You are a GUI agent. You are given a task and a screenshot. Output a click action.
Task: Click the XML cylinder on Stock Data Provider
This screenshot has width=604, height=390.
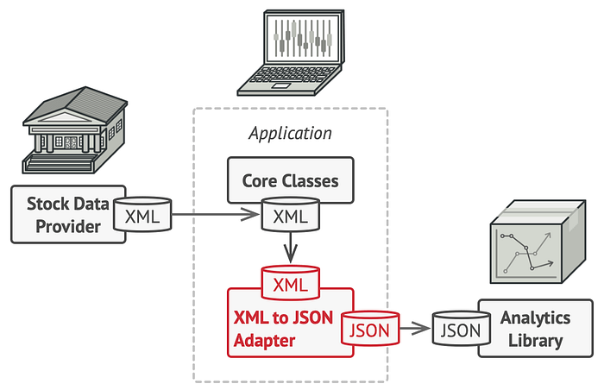[142, 214]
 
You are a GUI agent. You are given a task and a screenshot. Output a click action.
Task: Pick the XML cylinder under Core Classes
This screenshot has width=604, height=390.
[291, 214]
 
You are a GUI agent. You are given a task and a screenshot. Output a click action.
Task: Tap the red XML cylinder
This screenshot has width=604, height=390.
[291, 282]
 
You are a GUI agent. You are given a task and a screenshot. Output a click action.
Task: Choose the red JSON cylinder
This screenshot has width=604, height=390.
[370, 329]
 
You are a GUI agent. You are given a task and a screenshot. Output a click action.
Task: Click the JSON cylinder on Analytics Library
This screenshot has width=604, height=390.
[461, 329]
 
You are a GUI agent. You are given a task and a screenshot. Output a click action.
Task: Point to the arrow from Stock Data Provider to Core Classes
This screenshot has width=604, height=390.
[216, 214]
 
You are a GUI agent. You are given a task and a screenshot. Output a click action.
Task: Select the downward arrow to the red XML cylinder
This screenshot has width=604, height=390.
[291, 248]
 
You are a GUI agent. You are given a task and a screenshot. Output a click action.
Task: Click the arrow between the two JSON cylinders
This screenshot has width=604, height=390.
[415, 329]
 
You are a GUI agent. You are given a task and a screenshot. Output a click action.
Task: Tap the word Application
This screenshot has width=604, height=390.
[290, 134]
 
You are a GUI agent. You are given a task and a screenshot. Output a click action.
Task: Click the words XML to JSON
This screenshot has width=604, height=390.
[283, 318]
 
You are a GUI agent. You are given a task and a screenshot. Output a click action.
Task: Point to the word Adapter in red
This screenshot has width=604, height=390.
[264, 341]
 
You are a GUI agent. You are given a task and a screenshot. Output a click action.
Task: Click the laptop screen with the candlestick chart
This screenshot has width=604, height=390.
[303, 37]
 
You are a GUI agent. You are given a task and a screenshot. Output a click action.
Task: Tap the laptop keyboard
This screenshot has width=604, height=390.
[289, 75]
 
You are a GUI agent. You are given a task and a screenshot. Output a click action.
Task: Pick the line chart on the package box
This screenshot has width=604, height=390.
[526, 253]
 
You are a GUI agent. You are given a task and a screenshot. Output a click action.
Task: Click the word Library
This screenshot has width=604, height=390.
[536, 342]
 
